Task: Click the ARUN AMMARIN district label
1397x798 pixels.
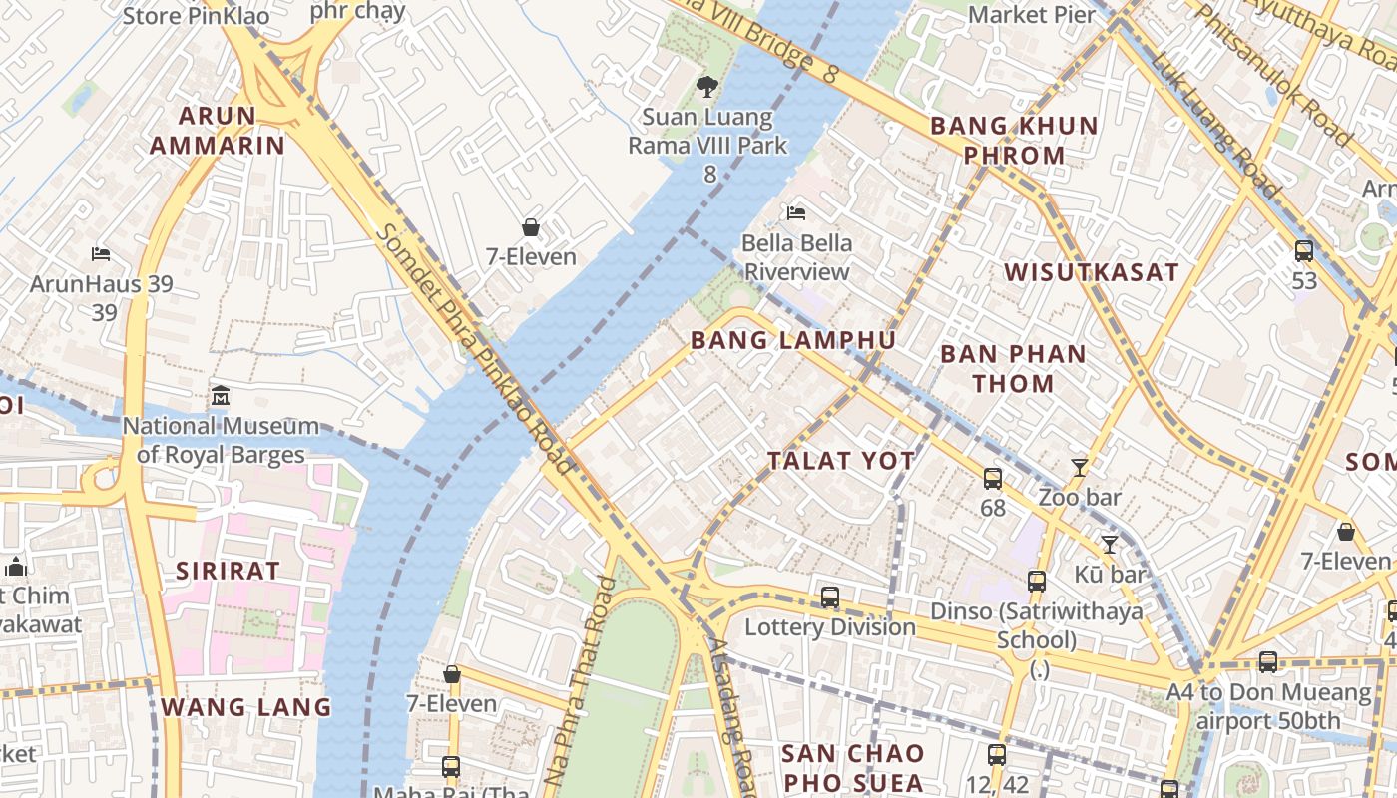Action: coord(218,131)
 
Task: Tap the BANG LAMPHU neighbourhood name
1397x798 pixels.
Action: coord(793,340)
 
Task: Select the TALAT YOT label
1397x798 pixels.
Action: coord(841,460)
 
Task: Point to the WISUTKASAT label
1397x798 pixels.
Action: coord(1092,272)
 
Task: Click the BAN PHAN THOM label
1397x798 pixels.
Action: coord(1013,368)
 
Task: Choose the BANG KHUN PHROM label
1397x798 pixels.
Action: coord(1014,141)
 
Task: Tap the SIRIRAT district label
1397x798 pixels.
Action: coord(228,571)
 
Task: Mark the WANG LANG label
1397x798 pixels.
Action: coord(245,707)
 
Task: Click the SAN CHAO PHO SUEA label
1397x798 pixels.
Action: coord(853,767)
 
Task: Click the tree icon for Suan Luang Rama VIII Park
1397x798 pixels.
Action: coord(707,87)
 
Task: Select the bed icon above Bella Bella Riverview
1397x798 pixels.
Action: coord(795,212)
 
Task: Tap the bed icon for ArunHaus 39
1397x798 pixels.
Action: coord(101,253)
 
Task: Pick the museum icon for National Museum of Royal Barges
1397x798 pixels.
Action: coord(221,397)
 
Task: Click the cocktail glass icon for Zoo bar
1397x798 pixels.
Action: coord(1079,467)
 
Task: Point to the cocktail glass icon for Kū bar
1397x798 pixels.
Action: coord(1109,544)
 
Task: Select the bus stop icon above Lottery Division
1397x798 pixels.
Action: coord(829,598)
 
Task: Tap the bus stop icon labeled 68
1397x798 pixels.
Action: coord(992,479)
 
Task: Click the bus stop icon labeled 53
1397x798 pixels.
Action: coord(1303,251)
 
